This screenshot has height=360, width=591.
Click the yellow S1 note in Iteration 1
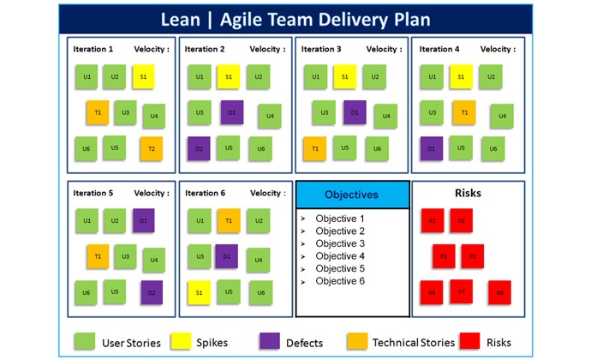pos(143,76)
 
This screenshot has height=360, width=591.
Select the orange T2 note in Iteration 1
pos(151,148)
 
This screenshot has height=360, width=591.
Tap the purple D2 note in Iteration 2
pos(199,148)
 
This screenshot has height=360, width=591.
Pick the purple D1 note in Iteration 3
pos(355,111)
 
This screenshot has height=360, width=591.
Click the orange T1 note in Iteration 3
pos(314,148)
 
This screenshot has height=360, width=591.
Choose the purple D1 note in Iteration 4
pos(432,148)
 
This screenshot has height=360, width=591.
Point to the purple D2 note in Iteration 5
pos(152,292)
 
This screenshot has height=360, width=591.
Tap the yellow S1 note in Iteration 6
pos(199,292)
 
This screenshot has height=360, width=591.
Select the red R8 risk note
pos(499,292)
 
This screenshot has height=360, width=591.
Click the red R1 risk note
pos(433,221)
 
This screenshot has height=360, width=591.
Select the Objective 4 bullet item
pos(339,256)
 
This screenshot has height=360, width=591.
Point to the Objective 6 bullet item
pos(339,281)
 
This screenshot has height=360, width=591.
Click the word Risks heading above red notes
pos(469,193)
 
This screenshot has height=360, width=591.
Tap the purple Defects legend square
pos(270,342)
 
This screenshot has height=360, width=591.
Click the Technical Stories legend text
pos(414,343)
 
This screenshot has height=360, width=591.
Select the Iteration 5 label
pos(93,193)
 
